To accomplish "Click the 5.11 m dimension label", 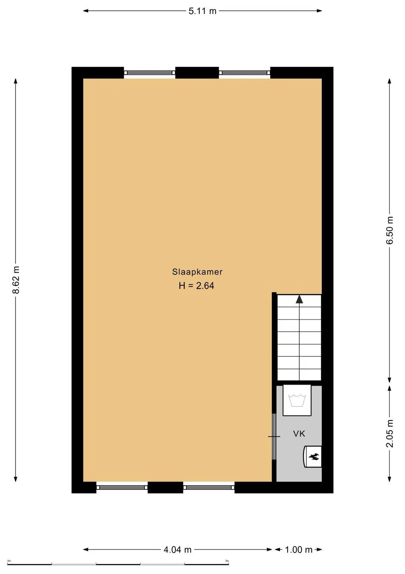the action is [x=202, y=11].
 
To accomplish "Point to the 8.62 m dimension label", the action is [x=17, y=279].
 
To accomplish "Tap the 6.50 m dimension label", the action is [x=389, y=230].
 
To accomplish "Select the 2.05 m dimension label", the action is [x=389, y=433].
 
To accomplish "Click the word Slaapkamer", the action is [x=197, y=271].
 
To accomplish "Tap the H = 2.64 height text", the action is [x=197, y=286].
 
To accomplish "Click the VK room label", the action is [x=299, y=434].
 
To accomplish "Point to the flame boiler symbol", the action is [x=312, y=456].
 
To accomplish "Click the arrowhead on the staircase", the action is [x=299, y=299].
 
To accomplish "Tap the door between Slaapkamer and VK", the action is [x=274, y=436].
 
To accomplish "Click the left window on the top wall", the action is [x=150, y=73].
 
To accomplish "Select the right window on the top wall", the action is [x=244, y=73].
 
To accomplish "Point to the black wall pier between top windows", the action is [x=197, y=73].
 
